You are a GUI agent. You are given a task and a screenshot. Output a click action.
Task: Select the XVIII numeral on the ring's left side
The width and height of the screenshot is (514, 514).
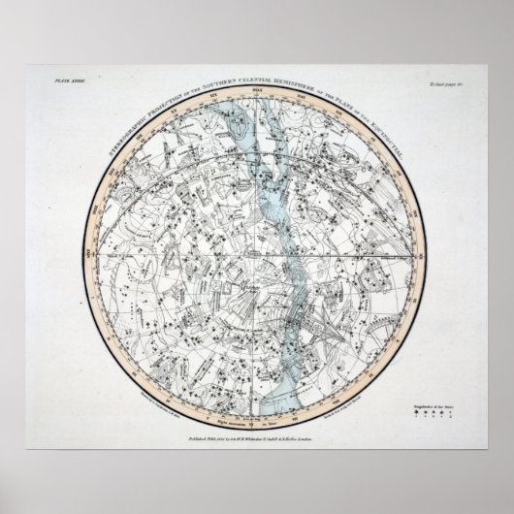pyautogui.click(x=87, y=256)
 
